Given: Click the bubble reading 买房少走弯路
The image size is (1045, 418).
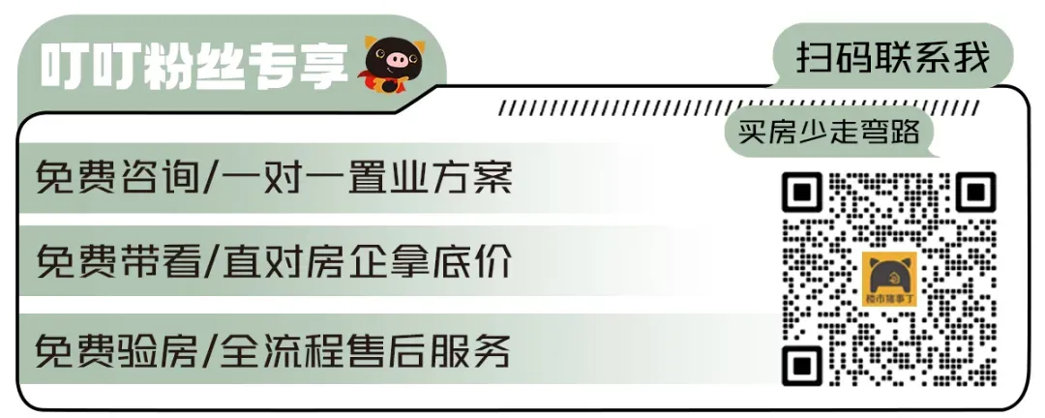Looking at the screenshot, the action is pos(829,132).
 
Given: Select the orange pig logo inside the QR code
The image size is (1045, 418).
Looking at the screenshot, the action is pos(889,279).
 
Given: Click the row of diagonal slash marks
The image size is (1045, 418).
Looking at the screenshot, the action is pos(735,107).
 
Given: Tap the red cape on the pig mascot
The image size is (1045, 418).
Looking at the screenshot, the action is pos(372,77).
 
